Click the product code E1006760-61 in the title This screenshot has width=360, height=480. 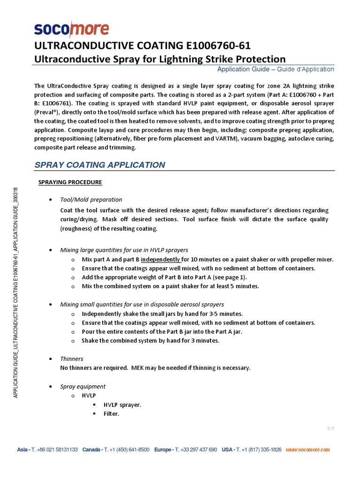point(212,45)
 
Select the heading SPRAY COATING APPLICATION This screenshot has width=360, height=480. point(100,165)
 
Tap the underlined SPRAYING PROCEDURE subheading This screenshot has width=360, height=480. point(70,182)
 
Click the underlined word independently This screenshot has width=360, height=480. point(160,259)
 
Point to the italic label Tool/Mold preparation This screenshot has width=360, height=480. point(91,200)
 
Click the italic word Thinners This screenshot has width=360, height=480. point(72,359)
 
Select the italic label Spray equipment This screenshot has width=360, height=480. point(83,386)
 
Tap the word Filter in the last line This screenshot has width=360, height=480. point(112,414)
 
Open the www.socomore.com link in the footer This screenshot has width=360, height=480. point(307,450)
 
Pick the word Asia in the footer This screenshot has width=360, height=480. point(22,450)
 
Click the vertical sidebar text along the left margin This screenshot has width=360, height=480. point(15,292)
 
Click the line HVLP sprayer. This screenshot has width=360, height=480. point(122,405)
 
